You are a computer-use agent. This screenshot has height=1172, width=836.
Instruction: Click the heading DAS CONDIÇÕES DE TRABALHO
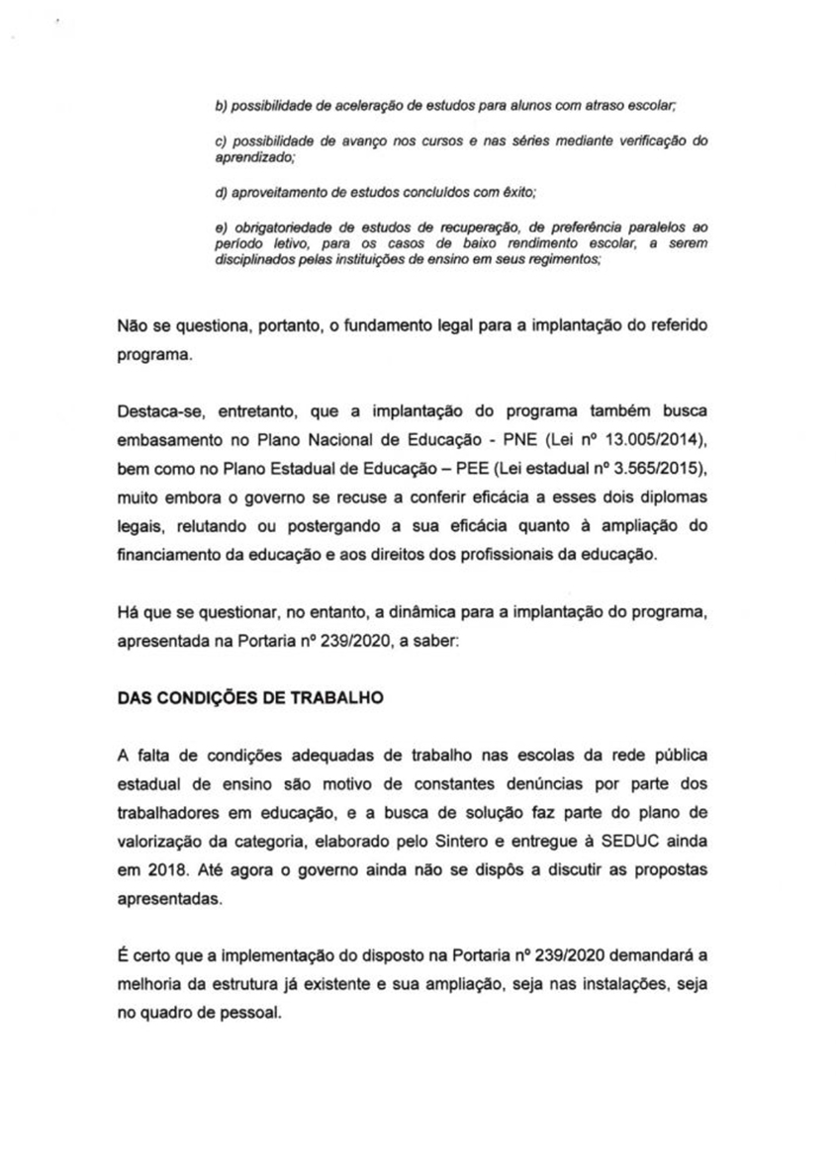pos(250,696)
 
